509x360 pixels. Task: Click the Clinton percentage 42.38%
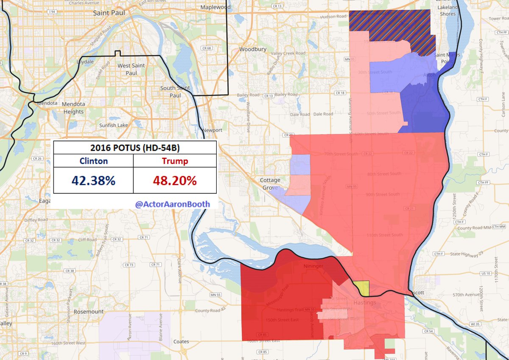point(93,180)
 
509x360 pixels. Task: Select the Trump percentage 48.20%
point(175,180)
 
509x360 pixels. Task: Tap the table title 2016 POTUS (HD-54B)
point(134,148)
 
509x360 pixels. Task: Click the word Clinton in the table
point(93,161)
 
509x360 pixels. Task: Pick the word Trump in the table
point(175,161)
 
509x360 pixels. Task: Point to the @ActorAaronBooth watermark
point(172,204)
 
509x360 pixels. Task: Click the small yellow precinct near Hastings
point(363,289)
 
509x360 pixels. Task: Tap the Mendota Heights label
point(73,108)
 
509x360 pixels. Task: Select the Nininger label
point(314,266)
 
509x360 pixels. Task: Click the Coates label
point(181,341)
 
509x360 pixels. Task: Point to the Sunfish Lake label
point(113,126)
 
